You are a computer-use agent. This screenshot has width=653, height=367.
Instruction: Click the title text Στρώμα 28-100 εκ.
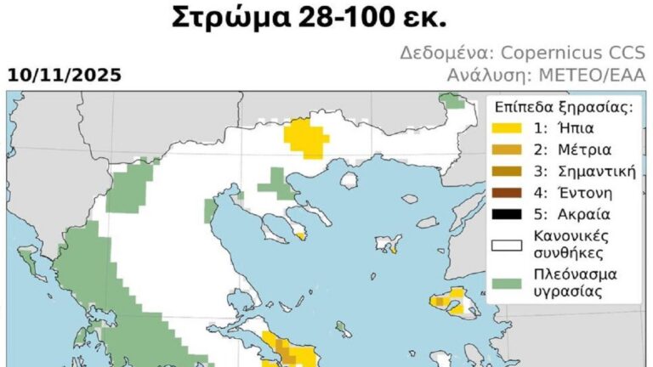click(x=326, y=17)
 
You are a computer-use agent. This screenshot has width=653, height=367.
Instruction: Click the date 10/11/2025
click(x=65, y=76)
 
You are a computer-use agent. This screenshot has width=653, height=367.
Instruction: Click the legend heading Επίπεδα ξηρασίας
click(x=563, y=108)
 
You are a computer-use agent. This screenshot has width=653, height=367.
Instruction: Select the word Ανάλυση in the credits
click(x=481, y=76)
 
